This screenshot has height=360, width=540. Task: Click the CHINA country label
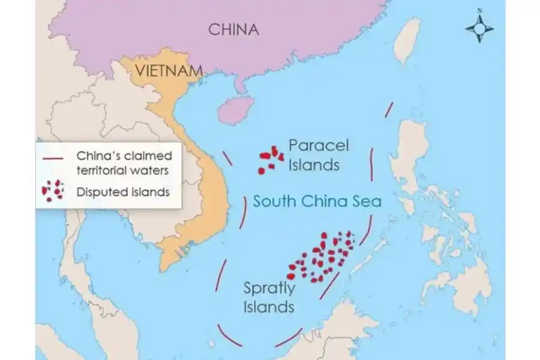tap(233, 29)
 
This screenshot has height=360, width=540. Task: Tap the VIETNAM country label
tap(169, 70)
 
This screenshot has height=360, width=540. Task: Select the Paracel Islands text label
tap(318, 155)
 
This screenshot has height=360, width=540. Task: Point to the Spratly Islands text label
tap(269, 298)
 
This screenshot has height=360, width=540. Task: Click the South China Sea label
tap(317, 200)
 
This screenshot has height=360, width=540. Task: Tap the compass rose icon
tap(479, 28)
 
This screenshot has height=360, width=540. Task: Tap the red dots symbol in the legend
tap(53, 190)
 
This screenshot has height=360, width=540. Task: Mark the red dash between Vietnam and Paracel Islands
tap(227, 158)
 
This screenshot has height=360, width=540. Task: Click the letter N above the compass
tap(479, 10)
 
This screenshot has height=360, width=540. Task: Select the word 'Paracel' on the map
tap(318, 146)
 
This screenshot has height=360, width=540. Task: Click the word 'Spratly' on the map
tap(269, 289)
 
